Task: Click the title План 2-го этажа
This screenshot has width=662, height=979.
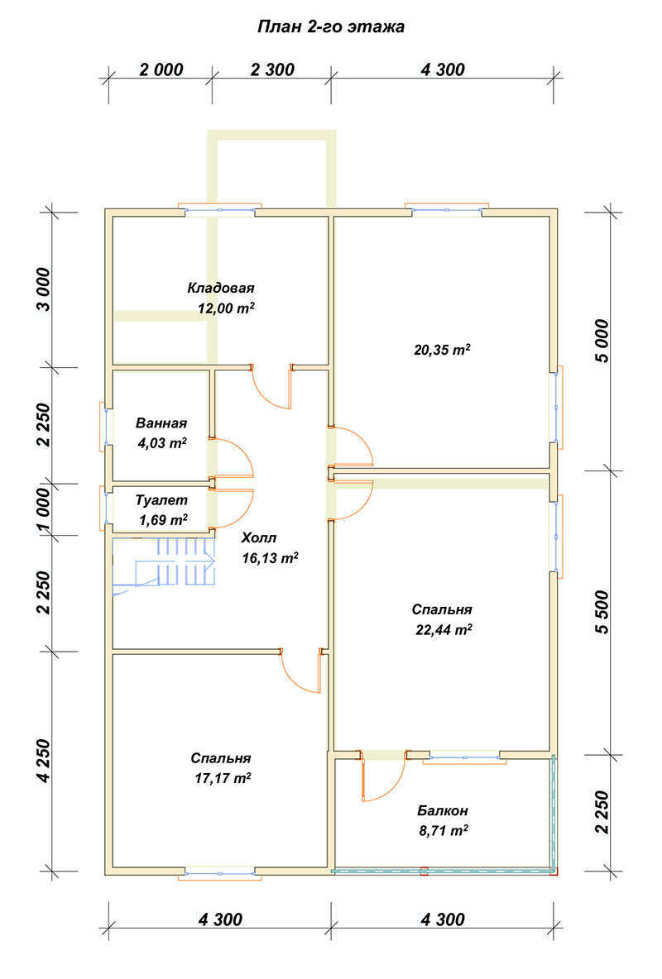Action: [331, 26]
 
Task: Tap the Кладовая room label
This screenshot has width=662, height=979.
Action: [221, 288]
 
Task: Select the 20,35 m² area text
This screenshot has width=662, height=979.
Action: [442, 350]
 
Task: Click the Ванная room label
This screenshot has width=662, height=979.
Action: [161, 423]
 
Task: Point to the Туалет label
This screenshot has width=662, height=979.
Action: [161, 500]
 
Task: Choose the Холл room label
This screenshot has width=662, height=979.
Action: [259, 537]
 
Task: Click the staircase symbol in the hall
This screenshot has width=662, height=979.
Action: [164, 563]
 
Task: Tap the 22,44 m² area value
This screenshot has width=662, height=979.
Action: [444, 629]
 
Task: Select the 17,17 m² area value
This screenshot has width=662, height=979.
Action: [223, 778]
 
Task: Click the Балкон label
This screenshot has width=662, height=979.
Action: [443, 811]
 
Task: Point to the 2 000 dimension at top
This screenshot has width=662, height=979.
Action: [161, 69]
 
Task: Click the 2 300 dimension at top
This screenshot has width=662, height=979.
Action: [272, 69]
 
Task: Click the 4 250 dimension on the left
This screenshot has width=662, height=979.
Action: [43, 761]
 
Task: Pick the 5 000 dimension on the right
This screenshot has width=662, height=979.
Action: [602, 341]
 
